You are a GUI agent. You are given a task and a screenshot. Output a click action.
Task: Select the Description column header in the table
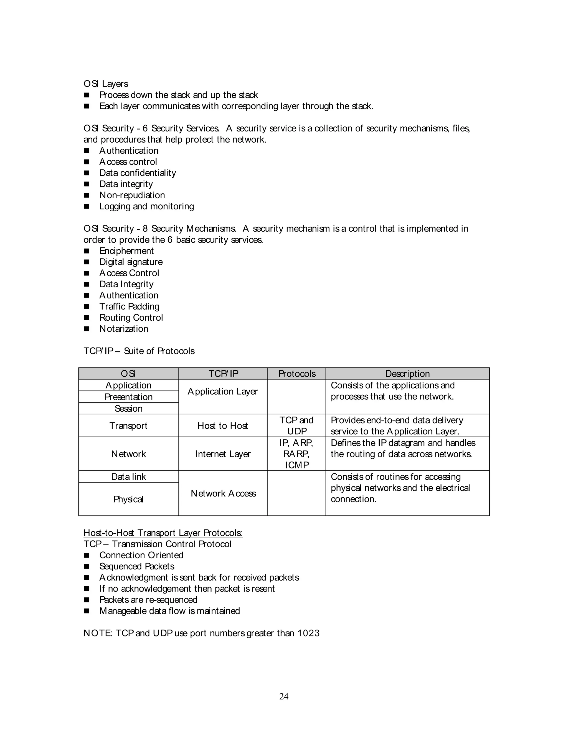click(x=407, y=374)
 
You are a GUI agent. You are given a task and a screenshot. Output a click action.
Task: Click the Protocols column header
click(x=296, y=374)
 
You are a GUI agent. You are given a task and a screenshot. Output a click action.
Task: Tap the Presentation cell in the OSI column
click(x=128, y=397)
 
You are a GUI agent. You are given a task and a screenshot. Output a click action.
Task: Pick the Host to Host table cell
click(x=223, y=426)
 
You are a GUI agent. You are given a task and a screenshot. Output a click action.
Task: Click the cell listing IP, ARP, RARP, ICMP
click(x=296, y=454)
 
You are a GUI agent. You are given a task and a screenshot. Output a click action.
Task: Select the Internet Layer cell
click(x=223, y=454)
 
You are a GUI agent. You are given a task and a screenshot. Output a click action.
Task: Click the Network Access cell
click(x=223, y=493)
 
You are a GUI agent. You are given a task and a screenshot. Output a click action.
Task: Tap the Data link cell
click(x=128, y=477)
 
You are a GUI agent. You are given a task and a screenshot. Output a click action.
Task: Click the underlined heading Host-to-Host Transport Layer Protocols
click(x=163, y=533)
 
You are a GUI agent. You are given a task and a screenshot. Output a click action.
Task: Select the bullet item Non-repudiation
click(x=132, y=195)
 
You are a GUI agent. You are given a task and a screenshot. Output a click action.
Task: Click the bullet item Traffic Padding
click(x=129, y=306)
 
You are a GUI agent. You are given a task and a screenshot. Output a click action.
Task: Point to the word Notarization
click(x=124, y=328)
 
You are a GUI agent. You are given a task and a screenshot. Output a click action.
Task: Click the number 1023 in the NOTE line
click(x=308, y=633)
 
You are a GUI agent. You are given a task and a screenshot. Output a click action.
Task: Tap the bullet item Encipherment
click(x=126, y=251)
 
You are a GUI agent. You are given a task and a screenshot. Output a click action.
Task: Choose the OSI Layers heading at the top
click(x=106, y=84)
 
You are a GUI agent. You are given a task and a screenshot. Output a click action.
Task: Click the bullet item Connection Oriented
click(x=141, y=555)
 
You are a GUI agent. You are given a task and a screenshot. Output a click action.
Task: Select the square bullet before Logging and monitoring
click(x=87, y=206)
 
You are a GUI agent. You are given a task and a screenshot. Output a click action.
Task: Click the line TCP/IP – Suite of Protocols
click(x=139, y=351)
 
